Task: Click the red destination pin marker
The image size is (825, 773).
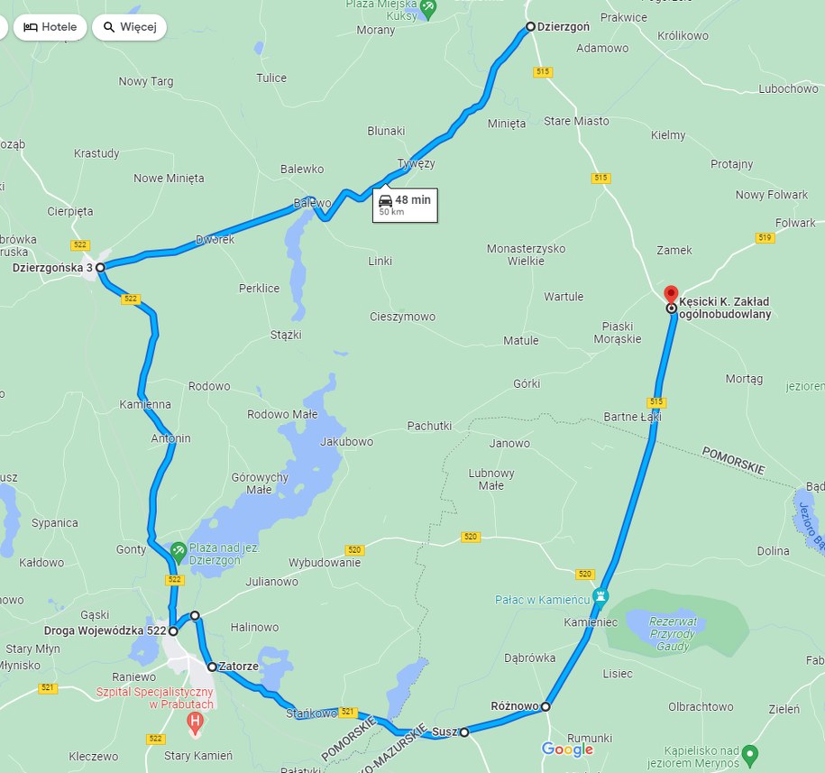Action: [x=671, y=295]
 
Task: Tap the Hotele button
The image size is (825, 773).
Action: [x=50, y=27]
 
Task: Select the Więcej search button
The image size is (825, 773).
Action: [x=130, y=27]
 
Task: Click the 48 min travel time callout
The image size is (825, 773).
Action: [x=405, y=205]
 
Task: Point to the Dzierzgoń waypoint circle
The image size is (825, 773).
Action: [x=530, y=26]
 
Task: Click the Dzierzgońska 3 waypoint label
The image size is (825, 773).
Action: [x=52, y=268]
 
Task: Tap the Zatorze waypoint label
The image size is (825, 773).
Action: [x=239, y=667]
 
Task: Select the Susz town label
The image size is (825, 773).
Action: [x=444, y=732]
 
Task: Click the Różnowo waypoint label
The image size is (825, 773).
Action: [x=515, y=705]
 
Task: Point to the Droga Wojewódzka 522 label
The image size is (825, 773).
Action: [x=105, y=630]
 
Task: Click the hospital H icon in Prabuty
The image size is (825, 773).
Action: [x=194, y=721]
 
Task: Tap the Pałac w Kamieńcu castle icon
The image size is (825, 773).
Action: [x=601, y=596]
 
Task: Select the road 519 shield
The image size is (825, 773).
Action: [x=765, y=237]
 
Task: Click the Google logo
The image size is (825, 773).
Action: [x=567, y=750]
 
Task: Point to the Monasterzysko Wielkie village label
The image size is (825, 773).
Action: [x=526, y=254]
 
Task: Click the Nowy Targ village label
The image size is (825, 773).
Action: [x=146, y=81]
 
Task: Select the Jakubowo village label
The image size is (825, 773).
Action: [x=346, y=442]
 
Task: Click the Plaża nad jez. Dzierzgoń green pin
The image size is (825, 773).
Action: [x=179, y=548]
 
